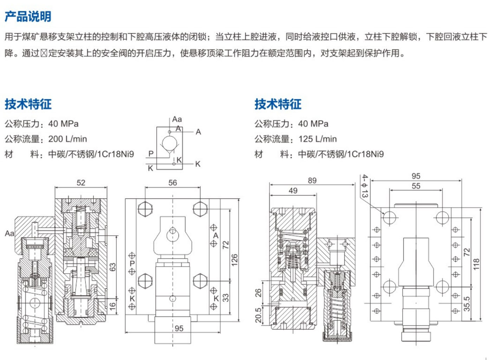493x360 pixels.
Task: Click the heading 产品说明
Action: pyautogui.click(x=28, y=17)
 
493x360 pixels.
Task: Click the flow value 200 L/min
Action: pyautogui.click(x=67, y=139)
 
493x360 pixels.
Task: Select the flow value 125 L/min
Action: pyautogui.click(x=317, y=139)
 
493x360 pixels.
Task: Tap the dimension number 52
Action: pyautogui.click(x=81, y=183)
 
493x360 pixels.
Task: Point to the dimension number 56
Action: pyautogui.click(x=173, y=183)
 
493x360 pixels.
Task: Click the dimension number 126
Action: pyautogui.click(x=234, y=259)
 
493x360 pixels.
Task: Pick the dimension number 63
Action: pyautogui.click(x=112, y=267)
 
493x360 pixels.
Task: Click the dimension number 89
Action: pyautogui.click(x=312, y=181)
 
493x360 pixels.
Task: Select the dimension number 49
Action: pyautogui.click(x=293, y=190)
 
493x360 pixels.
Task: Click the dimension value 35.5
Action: pyautogui.click(x=467, y=303)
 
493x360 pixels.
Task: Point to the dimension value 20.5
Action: pyautogui.click(x=258, y=315)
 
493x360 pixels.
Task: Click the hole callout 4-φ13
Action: pyautogui.click(x=365, y=186)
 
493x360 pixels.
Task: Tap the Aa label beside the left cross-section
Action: pyautogui.click(x=9, y=233)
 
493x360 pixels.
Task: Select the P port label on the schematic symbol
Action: pyautogui.click(x=151, y=154)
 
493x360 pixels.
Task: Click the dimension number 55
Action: pyautogui.click(x=416, y=186)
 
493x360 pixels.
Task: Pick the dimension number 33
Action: pyautogui.click(x=226, y=297)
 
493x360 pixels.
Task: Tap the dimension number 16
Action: pyautogui.click(x=112, y=306)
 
